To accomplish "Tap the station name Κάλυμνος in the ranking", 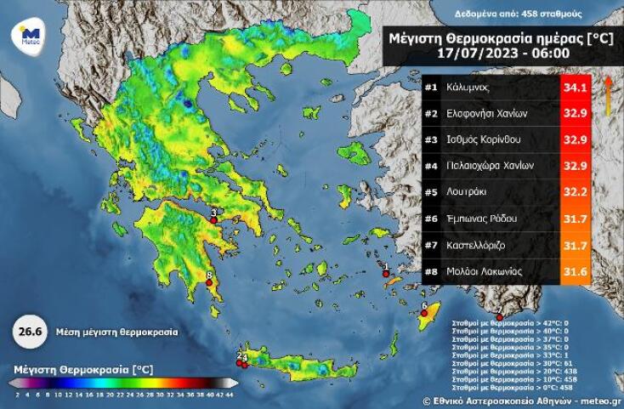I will [470, 88].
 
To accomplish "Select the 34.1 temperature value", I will [574, 88].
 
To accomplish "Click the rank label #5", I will [431, 192].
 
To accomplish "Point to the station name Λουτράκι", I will [468, 192].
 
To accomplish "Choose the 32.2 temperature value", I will [574, 192].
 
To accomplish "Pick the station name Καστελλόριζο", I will [478, 245].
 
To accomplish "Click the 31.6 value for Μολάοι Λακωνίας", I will [574, 271].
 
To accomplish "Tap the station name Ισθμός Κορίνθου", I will [484, 139].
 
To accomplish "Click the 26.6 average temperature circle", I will [27, 332].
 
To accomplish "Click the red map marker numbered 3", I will [213, 219].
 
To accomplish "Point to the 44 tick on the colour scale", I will [230, 394].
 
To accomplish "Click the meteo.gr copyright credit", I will [522, 400].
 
